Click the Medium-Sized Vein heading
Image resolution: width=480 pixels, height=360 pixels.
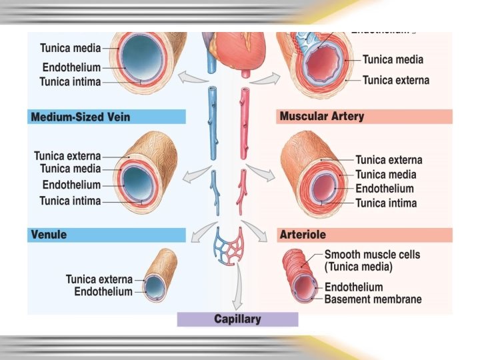click(80, 117)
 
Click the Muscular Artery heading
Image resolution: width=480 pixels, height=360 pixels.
click(322, 117)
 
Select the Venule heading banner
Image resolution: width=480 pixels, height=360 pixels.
click(48, 235)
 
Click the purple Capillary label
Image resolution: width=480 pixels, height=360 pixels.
click(237, 319)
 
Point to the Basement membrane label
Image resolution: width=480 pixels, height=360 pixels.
click(373, 299)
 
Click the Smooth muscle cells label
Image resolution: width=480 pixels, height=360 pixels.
click(372, 255)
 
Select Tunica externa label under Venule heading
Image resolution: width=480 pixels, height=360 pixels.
click(99, 279)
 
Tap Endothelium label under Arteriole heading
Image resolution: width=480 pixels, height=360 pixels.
click(353, 287)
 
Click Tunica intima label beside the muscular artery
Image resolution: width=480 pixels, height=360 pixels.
click(386, 203)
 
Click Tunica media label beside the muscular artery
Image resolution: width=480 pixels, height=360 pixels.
click(385, 175)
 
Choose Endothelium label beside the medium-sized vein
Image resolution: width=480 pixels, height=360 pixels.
click(71, 185)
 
